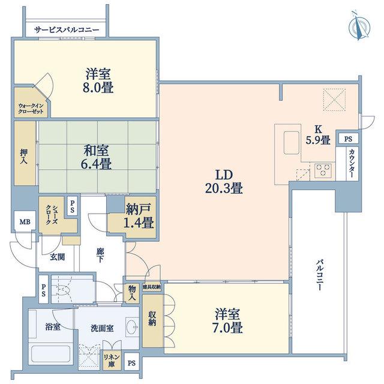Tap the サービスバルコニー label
point(67,30)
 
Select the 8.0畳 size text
point(98,88)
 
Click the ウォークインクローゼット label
point(31,109)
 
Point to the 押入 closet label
point(24,157)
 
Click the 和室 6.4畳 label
point(96,157)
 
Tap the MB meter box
point(25,222)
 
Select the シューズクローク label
point(52,215)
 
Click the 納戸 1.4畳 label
point(139,216)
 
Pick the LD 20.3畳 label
point(224,182)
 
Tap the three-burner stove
point(323,170)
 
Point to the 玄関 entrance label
point(58,257)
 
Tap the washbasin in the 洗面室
point(132,326)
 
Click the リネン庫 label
point(112,361)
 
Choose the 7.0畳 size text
point(227,328)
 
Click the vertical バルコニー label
point(319,275)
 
